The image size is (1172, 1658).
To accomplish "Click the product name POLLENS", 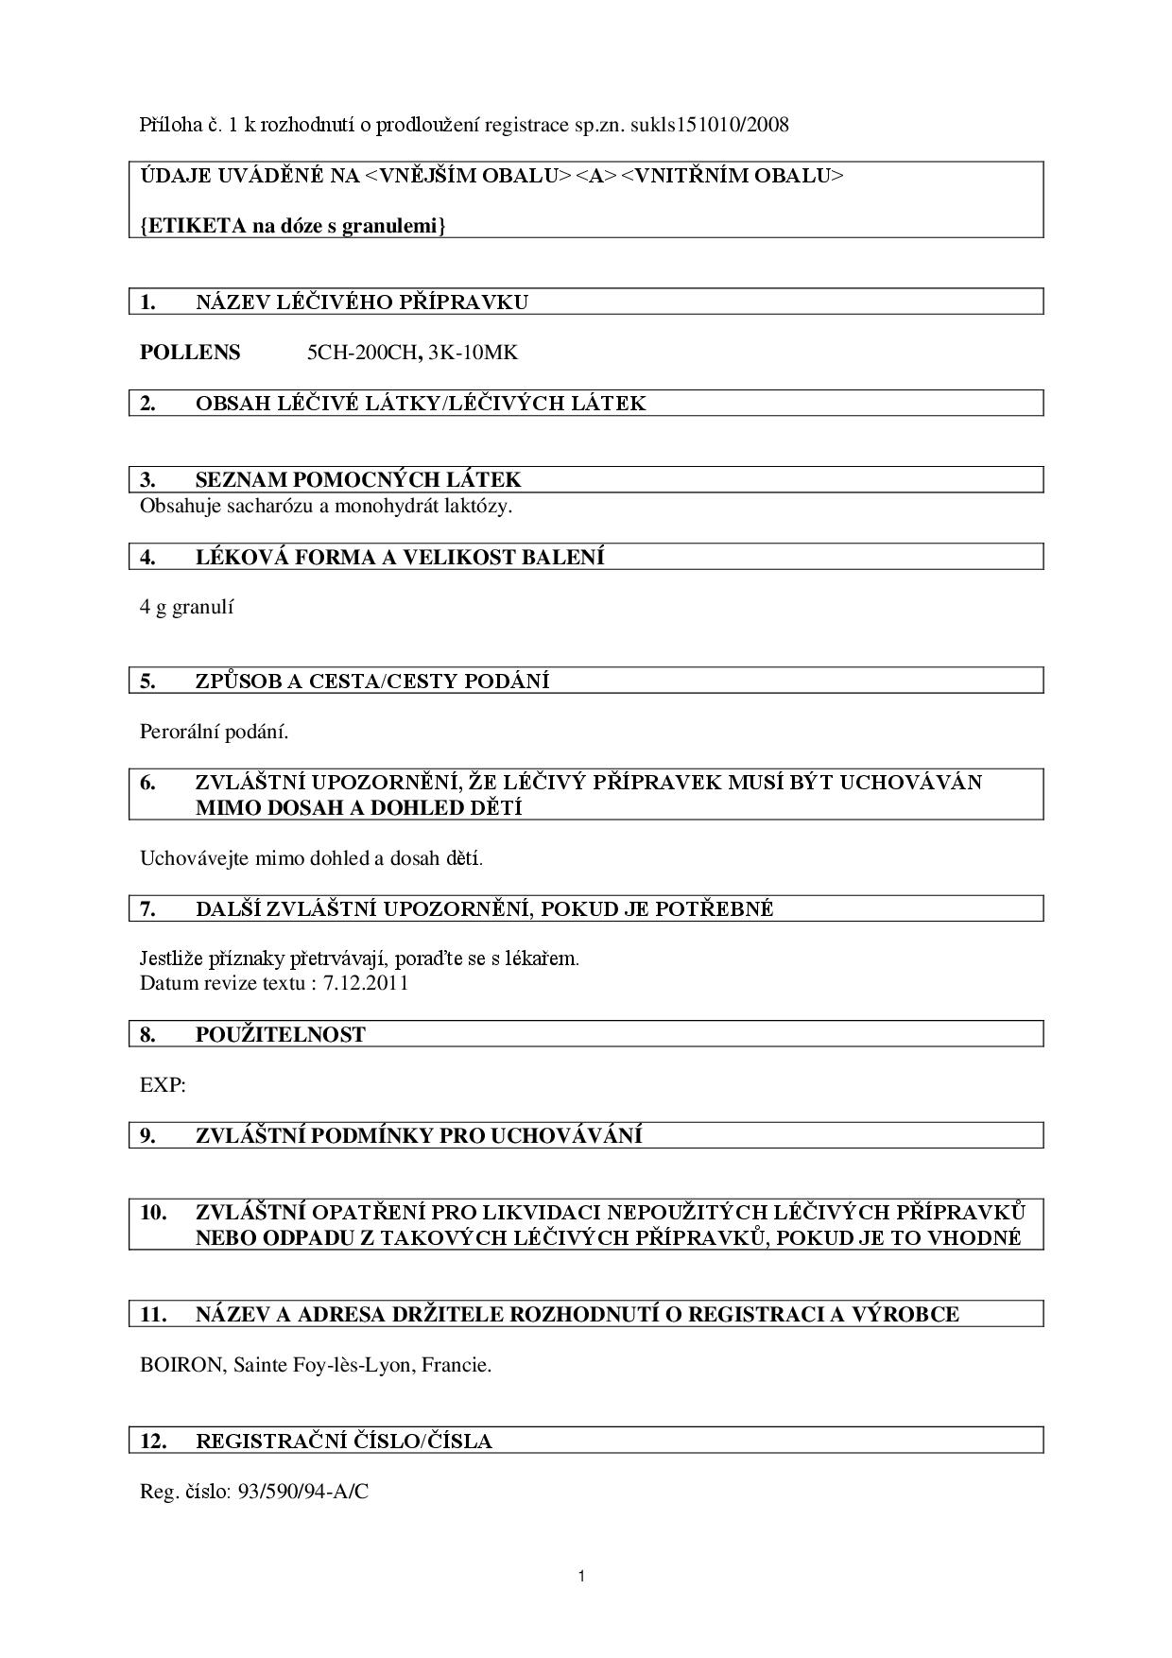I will click(190, 353).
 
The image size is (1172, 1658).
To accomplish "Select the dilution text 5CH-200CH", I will click(362, 353).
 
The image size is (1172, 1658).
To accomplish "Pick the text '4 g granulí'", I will click(186, 607).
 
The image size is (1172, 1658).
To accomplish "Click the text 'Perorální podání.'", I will click(214, 732).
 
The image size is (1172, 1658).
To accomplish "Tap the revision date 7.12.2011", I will click(366, 982).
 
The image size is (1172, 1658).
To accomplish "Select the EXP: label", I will click(163, 1085).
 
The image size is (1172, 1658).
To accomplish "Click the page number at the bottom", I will click(581, 1576).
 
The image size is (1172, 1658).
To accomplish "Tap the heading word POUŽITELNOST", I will click(280, 1034).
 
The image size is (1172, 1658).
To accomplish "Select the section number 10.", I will click(153, 1212).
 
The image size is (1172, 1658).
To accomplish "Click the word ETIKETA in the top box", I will click(192, 226).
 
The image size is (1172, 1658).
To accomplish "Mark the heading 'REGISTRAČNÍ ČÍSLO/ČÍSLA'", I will click(343, 1441).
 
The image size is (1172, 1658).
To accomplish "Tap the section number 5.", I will click(147, 681).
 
